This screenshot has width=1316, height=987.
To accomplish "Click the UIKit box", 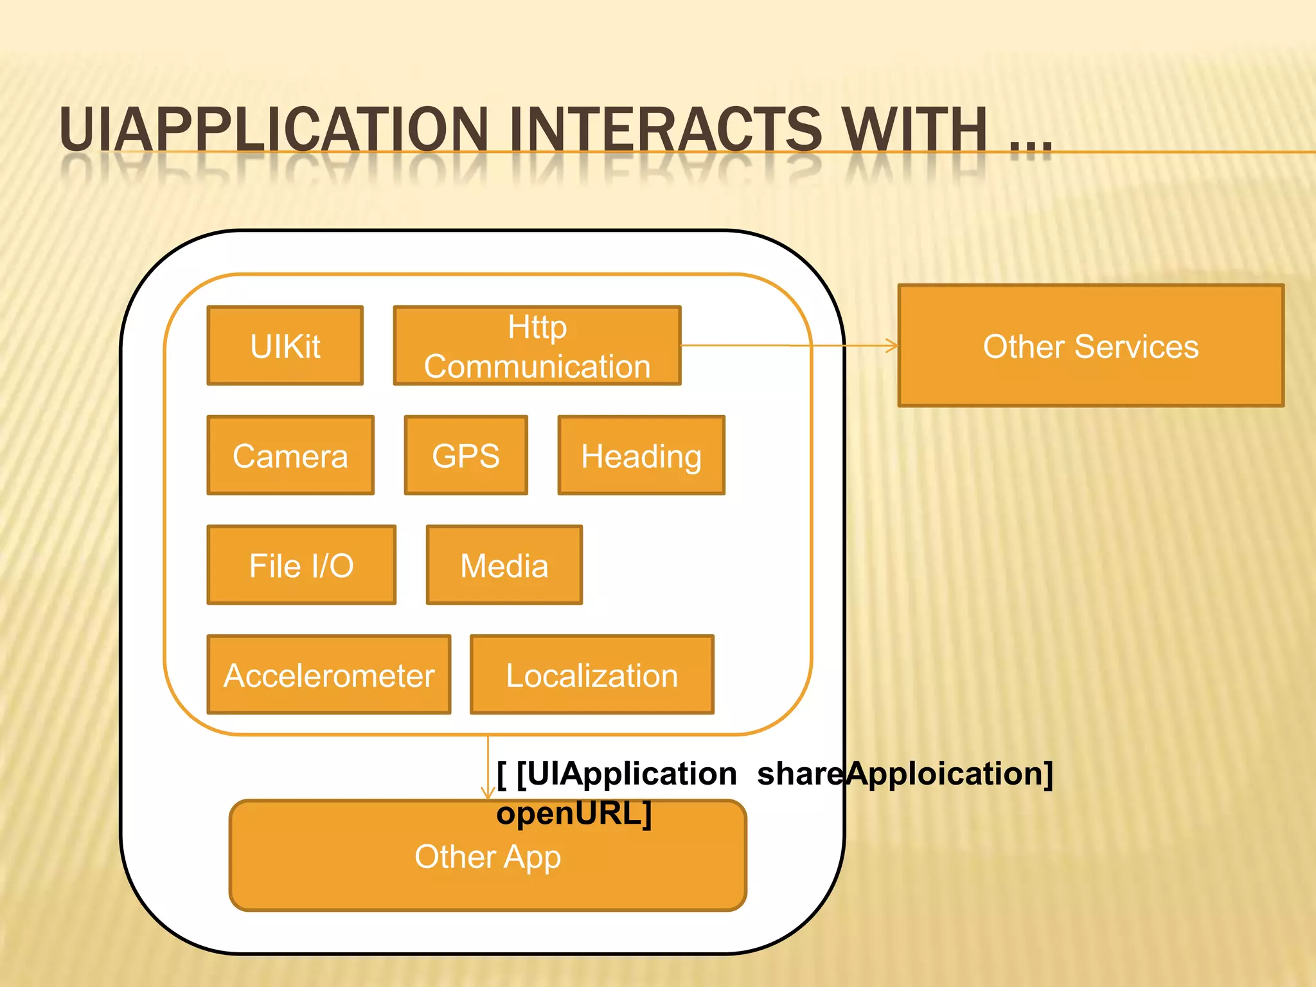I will (285, 346).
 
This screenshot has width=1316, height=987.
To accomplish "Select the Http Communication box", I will (537, 346).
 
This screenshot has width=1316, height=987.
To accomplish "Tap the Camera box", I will (290, 456).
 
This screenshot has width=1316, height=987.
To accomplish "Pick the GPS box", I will (466, 456).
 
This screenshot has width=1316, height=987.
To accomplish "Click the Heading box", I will (641, 456).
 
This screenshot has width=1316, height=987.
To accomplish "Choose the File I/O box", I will (301, 565).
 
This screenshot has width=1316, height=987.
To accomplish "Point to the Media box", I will (504, 565).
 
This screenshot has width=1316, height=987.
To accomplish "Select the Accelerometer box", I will (329, 675).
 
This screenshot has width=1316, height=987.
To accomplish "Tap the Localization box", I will (592, 675).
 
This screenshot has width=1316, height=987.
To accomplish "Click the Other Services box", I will (1090, 346).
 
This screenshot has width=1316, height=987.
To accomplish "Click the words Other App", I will (488, 857).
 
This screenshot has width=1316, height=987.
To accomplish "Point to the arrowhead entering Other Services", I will (893, 346).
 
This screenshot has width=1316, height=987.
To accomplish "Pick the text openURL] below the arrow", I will (574, 813).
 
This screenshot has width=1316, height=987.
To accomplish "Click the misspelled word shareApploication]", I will (905, 773).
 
